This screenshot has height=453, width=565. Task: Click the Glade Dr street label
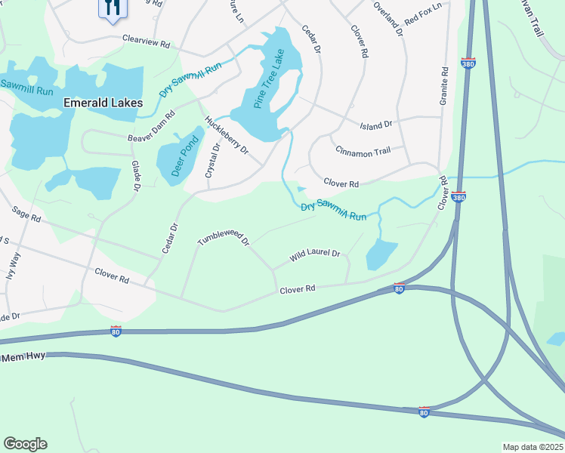137,175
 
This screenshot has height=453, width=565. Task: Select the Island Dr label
376,125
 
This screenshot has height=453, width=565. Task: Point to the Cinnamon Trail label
363,153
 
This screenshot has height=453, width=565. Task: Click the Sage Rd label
26,215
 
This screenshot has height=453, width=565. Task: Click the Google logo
25,444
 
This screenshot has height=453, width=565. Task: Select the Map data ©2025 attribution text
533,447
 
